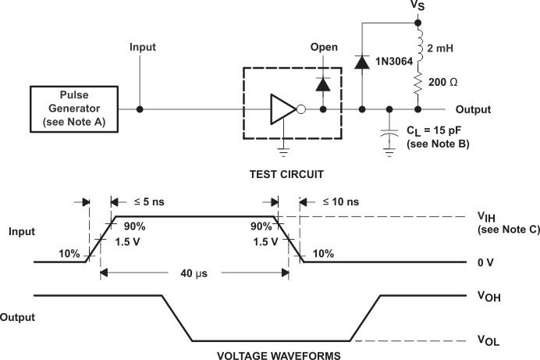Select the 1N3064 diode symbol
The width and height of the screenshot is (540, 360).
361,63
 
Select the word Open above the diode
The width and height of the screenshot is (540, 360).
324,48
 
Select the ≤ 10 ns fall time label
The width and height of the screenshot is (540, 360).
338,201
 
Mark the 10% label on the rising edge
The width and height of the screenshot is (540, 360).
69,254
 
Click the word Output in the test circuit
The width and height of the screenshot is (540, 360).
473,109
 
